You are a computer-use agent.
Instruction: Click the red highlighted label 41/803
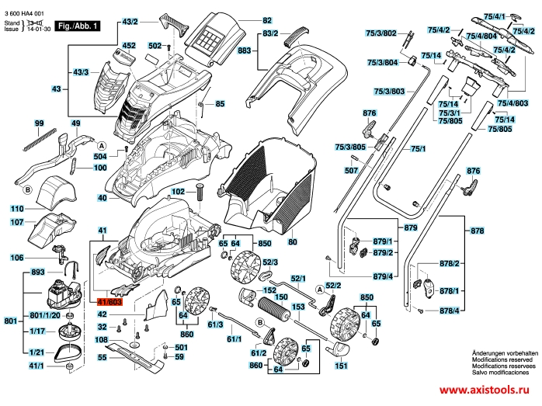[109, 302]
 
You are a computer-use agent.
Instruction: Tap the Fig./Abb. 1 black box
[77, 26]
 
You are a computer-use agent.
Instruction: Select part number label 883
[244, 50]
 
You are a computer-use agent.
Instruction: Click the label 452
[129, 46]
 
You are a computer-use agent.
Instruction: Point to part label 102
[178, 191]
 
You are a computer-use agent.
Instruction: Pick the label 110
[17, 209]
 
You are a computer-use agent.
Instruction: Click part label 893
[36, 273]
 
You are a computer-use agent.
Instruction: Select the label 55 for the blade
[102, 358]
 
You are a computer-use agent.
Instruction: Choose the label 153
[296, 307]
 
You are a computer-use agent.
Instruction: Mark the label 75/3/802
[380, 33]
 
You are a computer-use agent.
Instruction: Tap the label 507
[351, 169]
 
